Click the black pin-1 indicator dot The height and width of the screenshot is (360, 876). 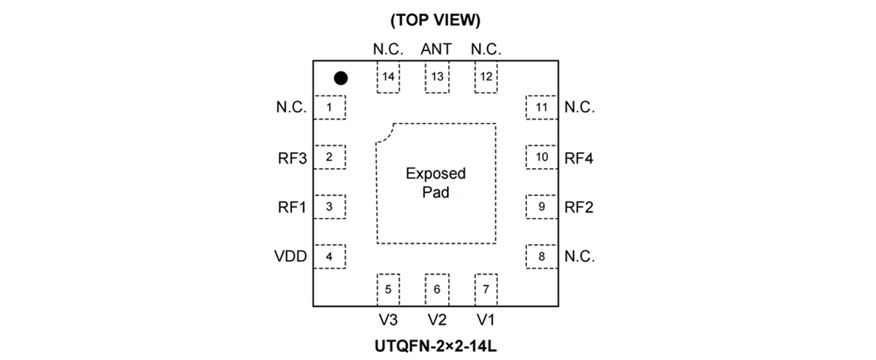pyautogui.click(x=341, y=78)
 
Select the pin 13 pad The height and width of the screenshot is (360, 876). pyautogui.click(x=437, y=77)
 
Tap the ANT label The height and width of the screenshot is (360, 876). pyautogui.click(x=436, y=49)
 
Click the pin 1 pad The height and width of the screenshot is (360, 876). pyautogui.click(x=330, y=108)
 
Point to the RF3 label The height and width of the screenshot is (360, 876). pyautogui.click(x=292, y=158)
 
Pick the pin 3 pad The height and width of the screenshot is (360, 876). pyautogui.click(x=330, y=207)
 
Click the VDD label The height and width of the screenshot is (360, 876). pyautogui.click(x=291, y=256)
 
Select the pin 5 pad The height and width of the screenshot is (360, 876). pyautogui.click(x=388, y=289)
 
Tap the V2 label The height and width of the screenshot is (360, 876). pyautogui.click(x=437, y=319)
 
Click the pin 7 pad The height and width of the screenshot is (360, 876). pyautogui.click(x=485, y=289)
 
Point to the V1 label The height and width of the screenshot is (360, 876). pyautogui.click(x=485, y=319)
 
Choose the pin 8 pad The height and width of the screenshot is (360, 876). pyautogui.click(x=541, y=256)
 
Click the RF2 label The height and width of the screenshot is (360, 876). pyautogui.click(x=579, y=207)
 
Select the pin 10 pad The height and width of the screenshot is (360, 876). pyautogui.click(x=541, y=157)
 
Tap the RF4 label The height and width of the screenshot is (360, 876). pyautogui.click(x=579, y=158)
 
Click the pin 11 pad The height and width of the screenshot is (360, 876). pyautogui.click(x=541, y=108)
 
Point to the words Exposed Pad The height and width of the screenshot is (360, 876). pyautogui.click(x=435, y=183)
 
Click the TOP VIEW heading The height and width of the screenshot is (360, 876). pyautogui.click(x=435, y=20)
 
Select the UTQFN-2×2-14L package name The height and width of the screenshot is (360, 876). pyautogui.click(x=435, y=346)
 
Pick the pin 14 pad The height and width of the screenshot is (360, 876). pyautogui.click(x=388, y=77)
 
